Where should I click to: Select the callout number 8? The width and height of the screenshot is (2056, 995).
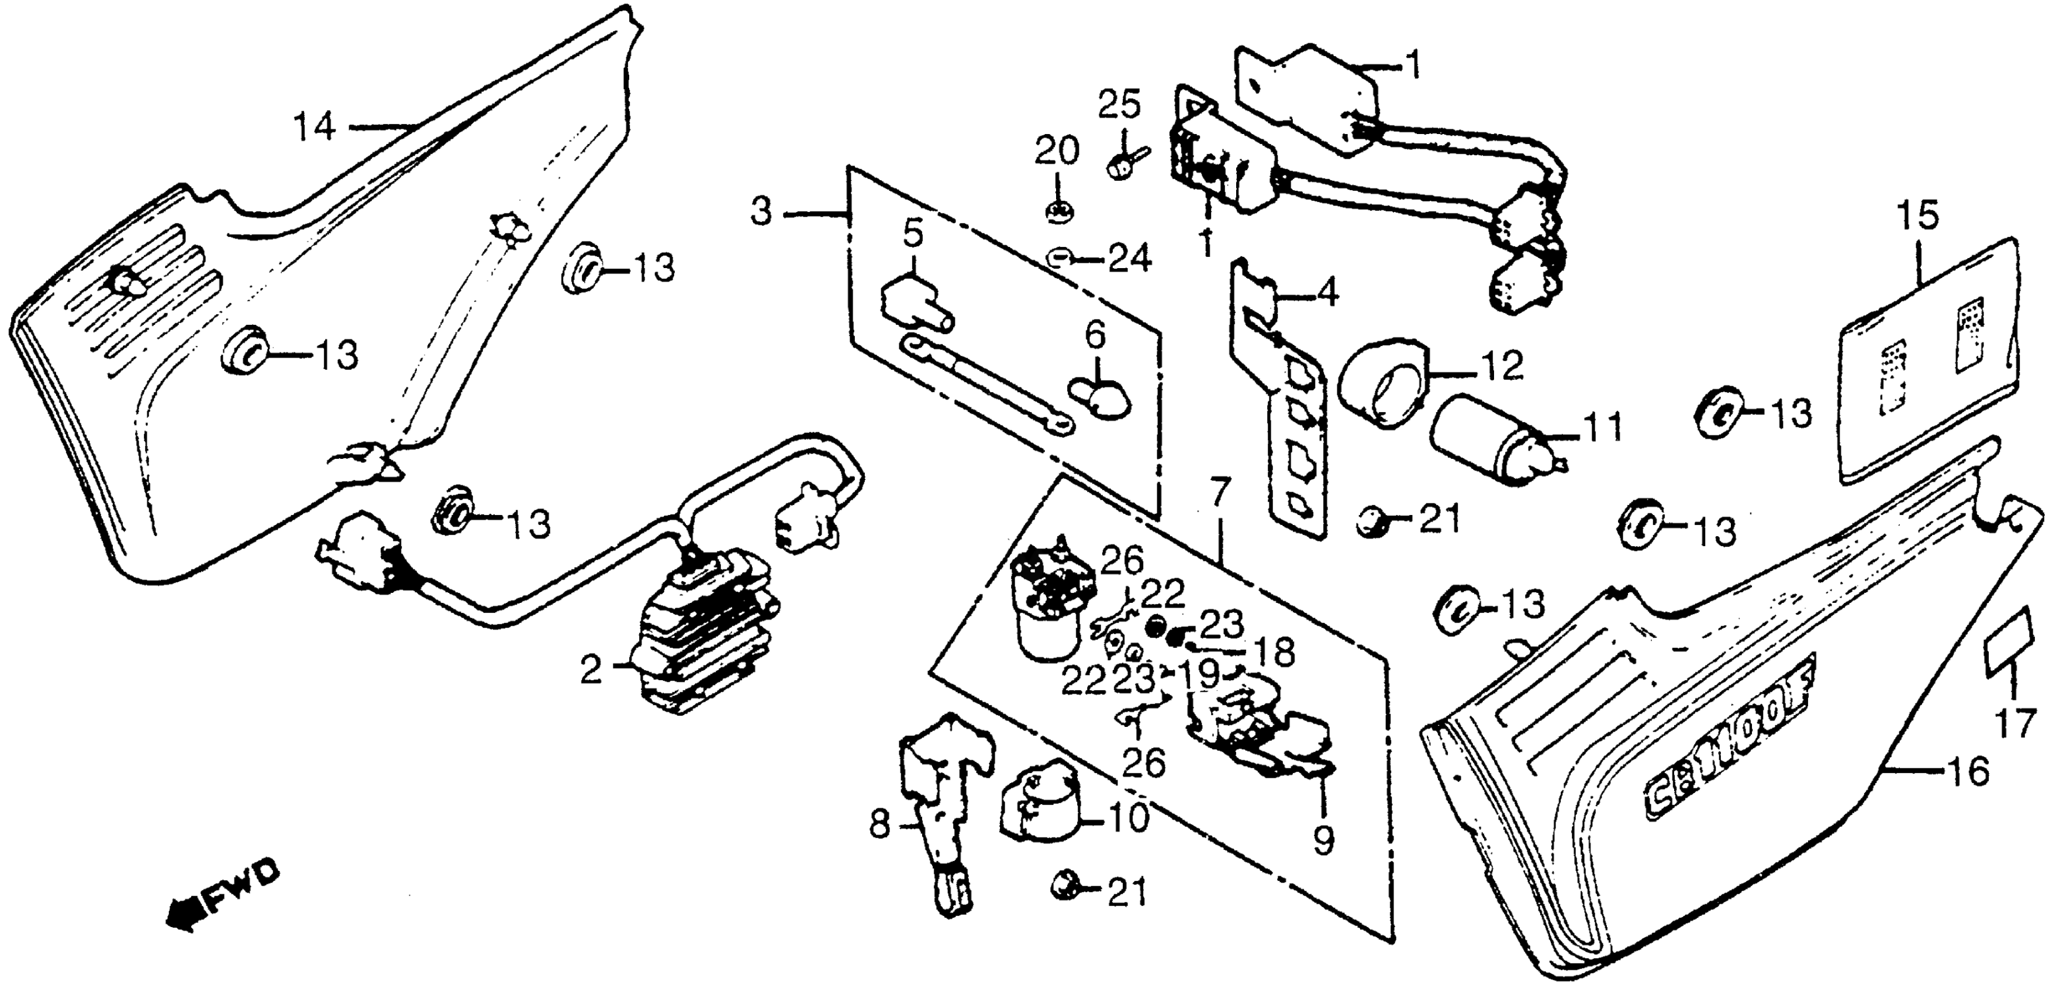tap(879, 825)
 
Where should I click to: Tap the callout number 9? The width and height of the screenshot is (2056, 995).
tap(1323, 840)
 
